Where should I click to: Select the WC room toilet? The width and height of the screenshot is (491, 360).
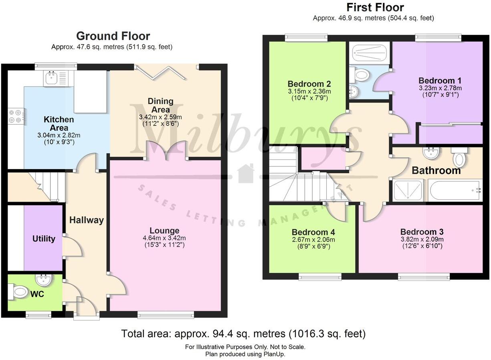(18, 291)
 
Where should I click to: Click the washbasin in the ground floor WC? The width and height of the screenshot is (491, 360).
(43, 280)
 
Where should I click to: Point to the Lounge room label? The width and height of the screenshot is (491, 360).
(164, 231)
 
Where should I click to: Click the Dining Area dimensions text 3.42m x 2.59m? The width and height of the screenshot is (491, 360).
(160, 117)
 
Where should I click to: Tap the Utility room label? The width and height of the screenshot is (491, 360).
(44, 239)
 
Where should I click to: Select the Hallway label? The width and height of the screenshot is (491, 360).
(87, 220)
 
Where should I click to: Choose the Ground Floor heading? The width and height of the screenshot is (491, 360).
(113, 36)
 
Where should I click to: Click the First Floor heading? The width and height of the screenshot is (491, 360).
(375, 7)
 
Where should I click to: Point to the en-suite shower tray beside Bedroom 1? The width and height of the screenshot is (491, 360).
(369, 53)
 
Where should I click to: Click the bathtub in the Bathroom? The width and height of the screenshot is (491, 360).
(455, 190)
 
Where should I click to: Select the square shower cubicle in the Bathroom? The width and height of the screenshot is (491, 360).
(408, 190)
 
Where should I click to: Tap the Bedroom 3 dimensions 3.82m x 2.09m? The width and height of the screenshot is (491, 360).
(422, 239)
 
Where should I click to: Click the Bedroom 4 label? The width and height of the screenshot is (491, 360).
(313, 232)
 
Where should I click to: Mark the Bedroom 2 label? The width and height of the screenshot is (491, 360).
(309, 84)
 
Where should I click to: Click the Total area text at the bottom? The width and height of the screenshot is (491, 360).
(243, 334)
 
